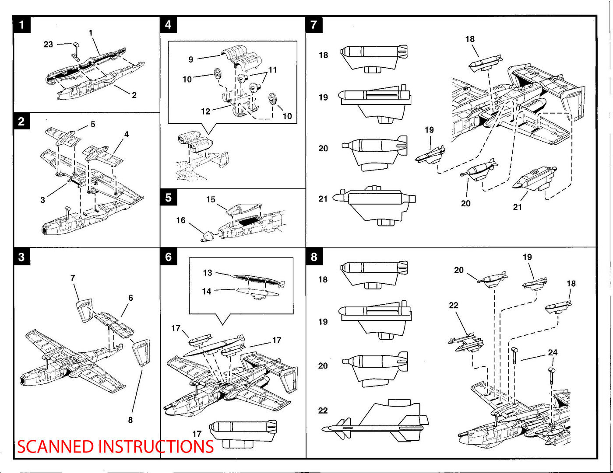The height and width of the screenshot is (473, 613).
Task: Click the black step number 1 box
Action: [x=22, y=25]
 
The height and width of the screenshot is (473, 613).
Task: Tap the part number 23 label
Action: [x=48, y=44]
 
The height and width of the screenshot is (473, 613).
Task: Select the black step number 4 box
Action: [x=168, y=25]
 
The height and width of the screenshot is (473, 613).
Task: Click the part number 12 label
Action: [x=206, y=111]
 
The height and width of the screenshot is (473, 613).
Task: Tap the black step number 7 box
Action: [x=314, y=25]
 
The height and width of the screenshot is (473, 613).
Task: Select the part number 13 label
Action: [x=208, y=273]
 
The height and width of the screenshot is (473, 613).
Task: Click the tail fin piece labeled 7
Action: [x=84, y=310]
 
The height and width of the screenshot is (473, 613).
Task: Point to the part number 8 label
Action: [x=130, y=420]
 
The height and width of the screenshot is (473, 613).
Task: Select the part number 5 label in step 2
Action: [x=92, y=124]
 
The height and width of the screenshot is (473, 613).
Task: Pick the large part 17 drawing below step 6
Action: [x=243, y=432]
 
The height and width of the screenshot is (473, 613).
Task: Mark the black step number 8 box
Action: [x=314, y=257]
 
